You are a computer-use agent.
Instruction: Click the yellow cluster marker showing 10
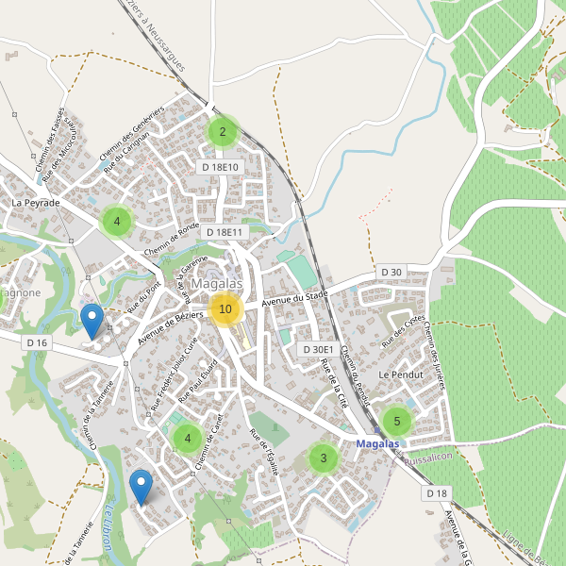(x=225, y=308)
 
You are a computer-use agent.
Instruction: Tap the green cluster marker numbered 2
(x=223, y=132)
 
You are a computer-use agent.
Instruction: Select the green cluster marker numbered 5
(x=397, y=421)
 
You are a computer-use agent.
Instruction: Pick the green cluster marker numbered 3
(x=324, y=458)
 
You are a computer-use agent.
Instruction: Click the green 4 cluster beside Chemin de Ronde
(x=117, y=223)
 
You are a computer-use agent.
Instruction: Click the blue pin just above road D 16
(x=92, y=322)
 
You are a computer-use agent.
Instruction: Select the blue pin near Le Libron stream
(x=141, y=487)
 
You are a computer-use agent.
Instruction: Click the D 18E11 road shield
(x=224, y=232)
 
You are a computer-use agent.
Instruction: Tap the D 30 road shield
(x=391, y=272)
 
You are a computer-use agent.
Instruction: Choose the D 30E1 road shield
(x=317, y=349)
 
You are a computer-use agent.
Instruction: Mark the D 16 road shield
(x=37, y=342)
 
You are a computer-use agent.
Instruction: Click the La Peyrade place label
(x=36, y=203)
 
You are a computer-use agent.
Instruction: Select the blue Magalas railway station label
(x=378, y=442)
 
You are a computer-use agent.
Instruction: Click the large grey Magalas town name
(x=217, y=284)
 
